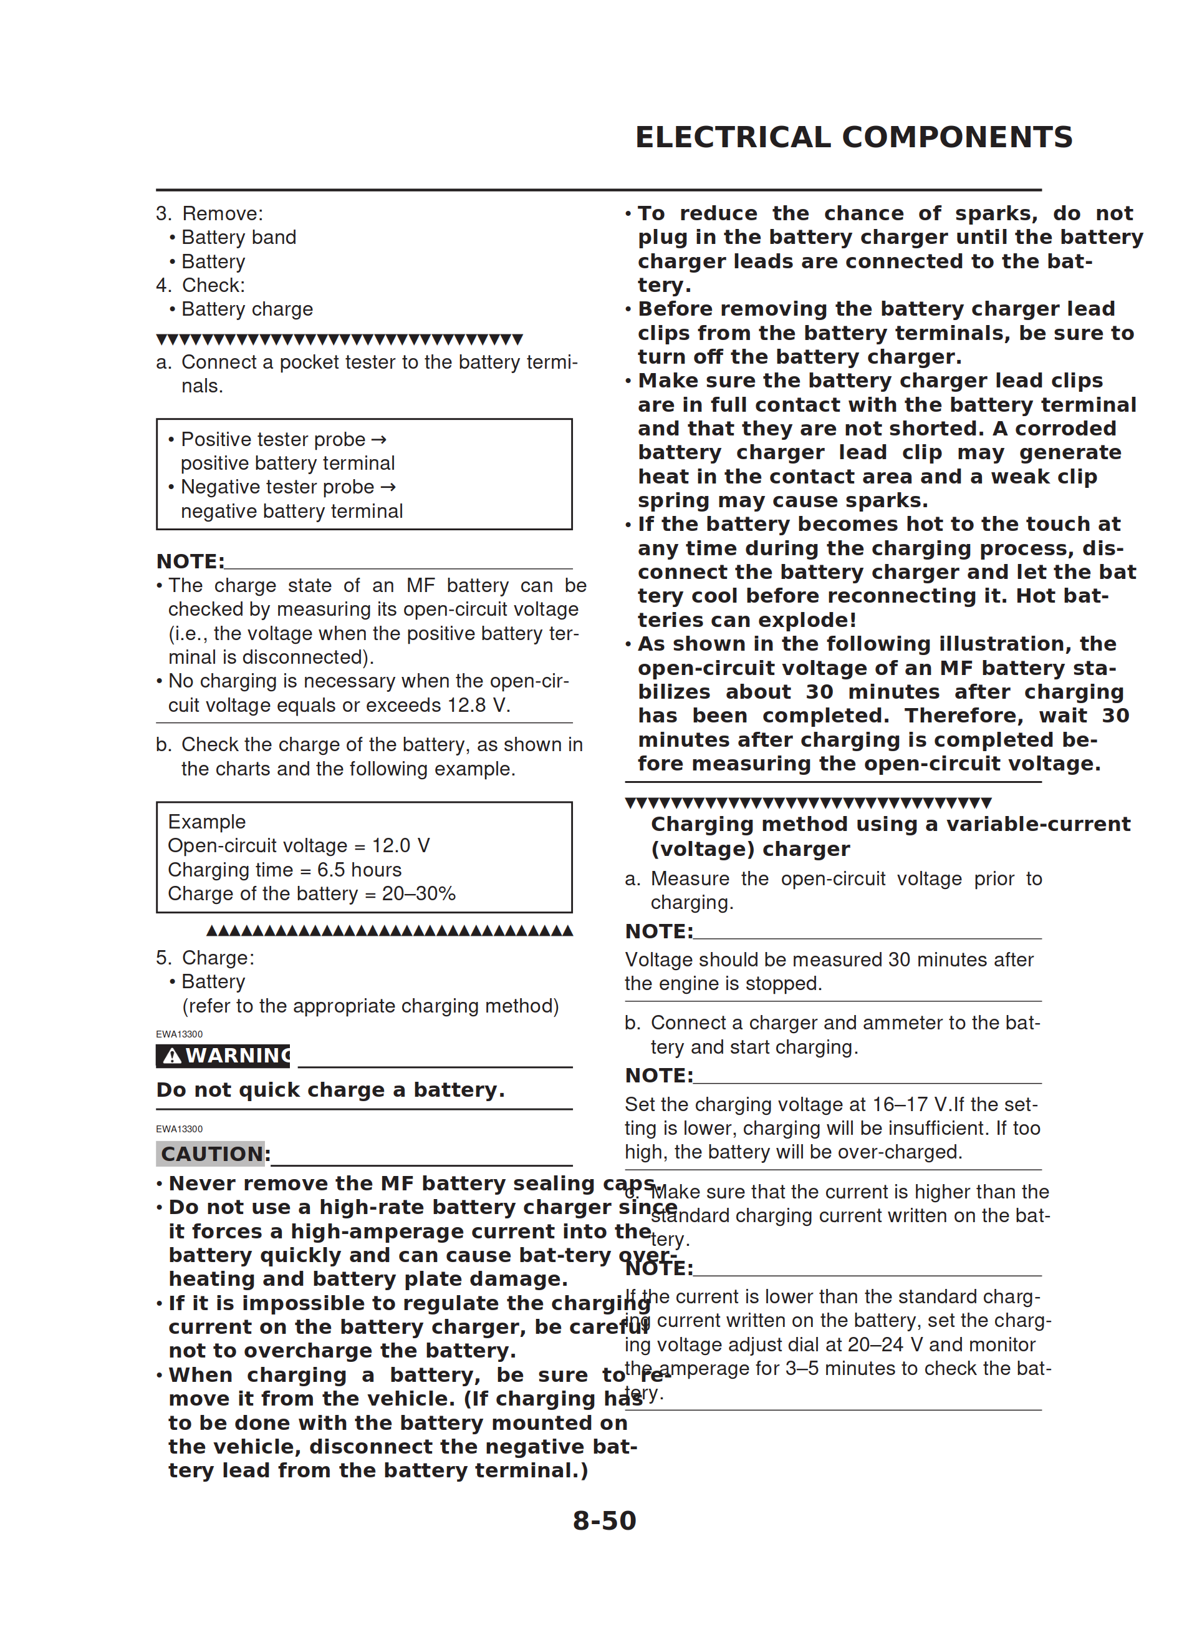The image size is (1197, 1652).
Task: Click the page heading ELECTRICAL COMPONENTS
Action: [x=853, y=137]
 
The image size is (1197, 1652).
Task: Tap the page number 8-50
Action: [x=603, y=1520]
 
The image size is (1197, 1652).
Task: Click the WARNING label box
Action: [x=223, y=1056]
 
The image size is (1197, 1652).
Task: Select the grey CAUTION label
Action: [x=211, y=1154]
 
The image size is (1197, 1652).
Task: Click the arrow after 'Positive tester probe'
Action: [x=378, y=439]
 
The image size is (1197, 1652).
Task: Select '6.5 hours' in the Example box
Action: [x=359, y=870]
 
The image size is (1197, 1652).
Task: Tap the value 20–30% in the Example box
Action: [x=419, y=894]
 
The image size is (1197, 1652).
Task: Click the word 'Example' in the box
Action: [x=207, y=822]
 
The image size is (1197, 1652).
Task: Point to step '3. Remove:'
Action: [x=209, y=213]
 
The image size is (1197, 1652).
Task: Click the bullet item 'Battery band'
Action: [x=239, y=238]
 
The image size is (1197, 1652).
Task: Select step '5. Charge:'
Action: [x=205, y=958]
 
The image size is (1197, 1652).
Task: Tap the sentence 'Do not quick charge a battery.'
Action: [x=330, y=1090]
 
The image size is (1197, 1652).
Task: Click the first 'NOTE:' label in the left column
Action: [x=190, y=561]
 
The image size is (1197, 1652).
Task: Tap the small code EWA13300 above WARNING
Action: [x=179, y=1034]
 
